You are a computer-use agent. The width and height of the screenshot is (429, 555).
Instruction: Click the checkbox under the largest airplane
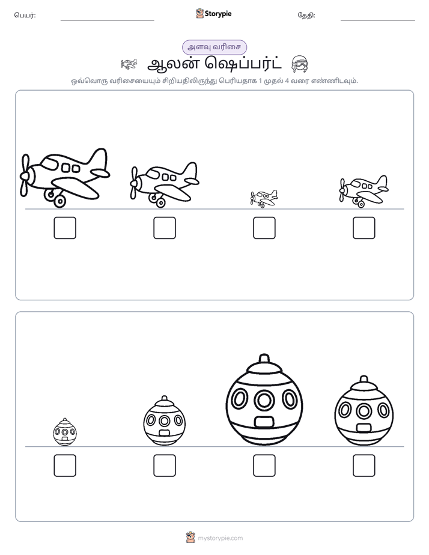coord(65,228)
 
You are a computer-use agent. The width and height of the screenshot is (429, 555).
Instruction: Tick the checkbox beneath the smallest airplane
coord(264,228)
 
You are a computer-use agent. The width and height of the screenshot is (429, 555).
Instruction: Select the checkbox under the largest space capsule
coord(264,466)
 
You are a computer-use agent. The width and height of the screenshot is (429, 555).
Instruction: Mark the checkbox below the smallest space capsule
coord(65,466)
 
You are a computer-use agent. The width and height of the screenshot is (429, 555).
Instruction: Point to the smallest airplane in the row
coord(264,199)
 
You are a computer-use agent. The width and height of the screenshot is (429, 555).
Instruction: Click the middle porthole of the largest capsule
coord(264,400)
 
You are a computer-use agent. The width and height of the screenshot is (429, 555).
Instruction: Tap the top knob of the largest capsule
coord(264,359)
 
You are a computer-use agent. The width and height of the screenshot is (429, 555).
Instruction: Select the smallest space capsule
coord(65,432)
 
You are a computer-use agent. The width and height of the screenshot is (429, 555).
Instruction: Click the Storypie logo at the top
coord(213,13)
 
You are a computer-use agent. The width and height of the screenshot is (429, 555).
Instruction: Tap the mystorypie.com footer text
coord(220,538)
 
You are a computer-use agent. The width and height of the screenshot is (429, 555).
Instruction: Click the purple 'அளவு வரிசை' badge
coord(214,47)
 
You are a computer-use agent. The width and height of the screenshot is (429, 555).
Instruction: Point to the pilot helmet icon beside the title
coord(299,64)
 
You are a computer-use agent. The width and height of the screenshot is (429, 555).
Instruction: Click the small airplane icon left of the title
coord(129,64)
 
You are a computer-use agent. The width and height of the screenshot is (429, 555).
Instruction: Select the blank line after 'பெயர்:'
coord(107,20)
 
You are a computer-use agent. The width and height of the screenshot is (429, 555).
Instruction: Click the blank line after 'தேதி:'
coord(378,20)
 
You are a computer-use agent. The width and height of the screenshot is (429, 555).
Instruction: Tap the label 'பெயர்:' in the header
coord(25,15)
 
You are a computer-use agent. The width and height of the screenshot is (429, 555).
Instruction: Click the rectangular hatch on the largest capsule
coord(264,422)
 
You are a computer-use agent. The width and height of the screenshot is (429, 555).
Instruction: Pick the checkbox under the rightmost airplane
coord(364,228)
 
